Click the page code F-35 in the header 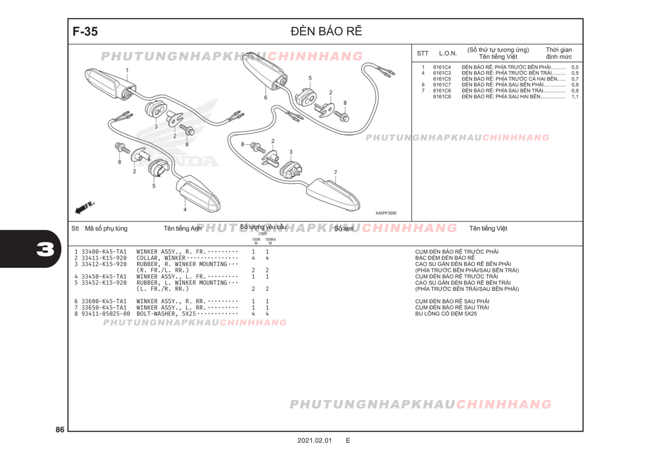pyautogui.click(x=85, y=32)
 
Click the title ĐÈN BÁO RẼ pyautogui.click(x=326, y=31)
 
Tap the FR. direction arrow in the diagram pyautogui.click(x=85, y=207)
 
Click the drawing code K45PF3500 pyautogui.click(x=386, y=213)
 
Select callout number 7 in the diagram pyautogui.click(x=336, y=172)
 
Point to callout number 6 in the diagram pyautogui.click(x=266, y=97)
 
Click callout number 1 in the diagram pyautogui.click(x=127, y=70)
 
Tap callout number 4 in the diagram pyautogui.click(x=185, y=210)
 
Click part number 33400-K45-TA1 pyautogui.click(x=104, y=252)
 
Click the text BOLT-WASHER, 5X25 pyautogui.click(x=166, y=314)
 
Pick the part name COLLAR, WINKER pyautogui.click(x=161, y=258)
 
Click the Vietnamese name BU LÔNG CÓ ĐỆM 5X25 pyautogui.click(x=446, y=314)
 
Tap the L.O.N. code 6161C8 pyautogui.click(x=442, y=96)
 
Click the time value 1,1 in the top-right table pyautogui.click(x=575, y=96)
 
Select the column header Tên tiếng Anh pyautogui.click(x=182, y=228)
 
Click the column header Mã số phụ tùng pyautogui.click(x=106, y=228)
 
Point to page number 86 pyautogui.click(x=60, y=429)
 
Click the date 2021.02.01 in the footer pyautogui.click(x=314, y=441)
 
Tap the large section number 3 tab pyautogui.click(x=45, y=249)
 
